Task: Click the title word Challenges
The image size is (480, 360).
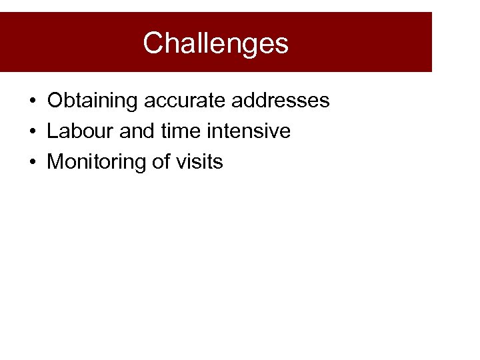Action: click(x=215, y=43)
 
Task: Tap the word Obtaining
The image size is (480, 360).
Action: click(x=93, y=101)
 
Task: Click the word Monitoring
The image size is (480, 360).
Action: click(x=97, y=162)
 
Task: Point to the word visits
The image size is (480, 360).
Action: click(x=199, y=162)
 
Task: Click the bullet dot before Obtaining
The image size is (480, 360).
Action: click(x=32, y=101)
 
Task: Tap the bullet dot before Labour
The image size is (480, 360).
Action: click(x=32, y=132)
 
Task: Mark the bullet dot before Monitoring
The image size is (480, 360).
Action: click(x=32, y=163)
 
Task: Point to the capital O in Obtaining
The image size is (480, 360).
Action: click(x=55, y=101)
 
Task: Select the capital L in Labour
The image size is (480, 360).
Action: click(x=52, y=131)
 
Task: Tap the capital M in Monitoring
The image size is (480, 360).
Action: click(x=56, y=162)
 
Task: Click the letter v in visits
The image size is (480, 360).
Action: click(x=180, y=163)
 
